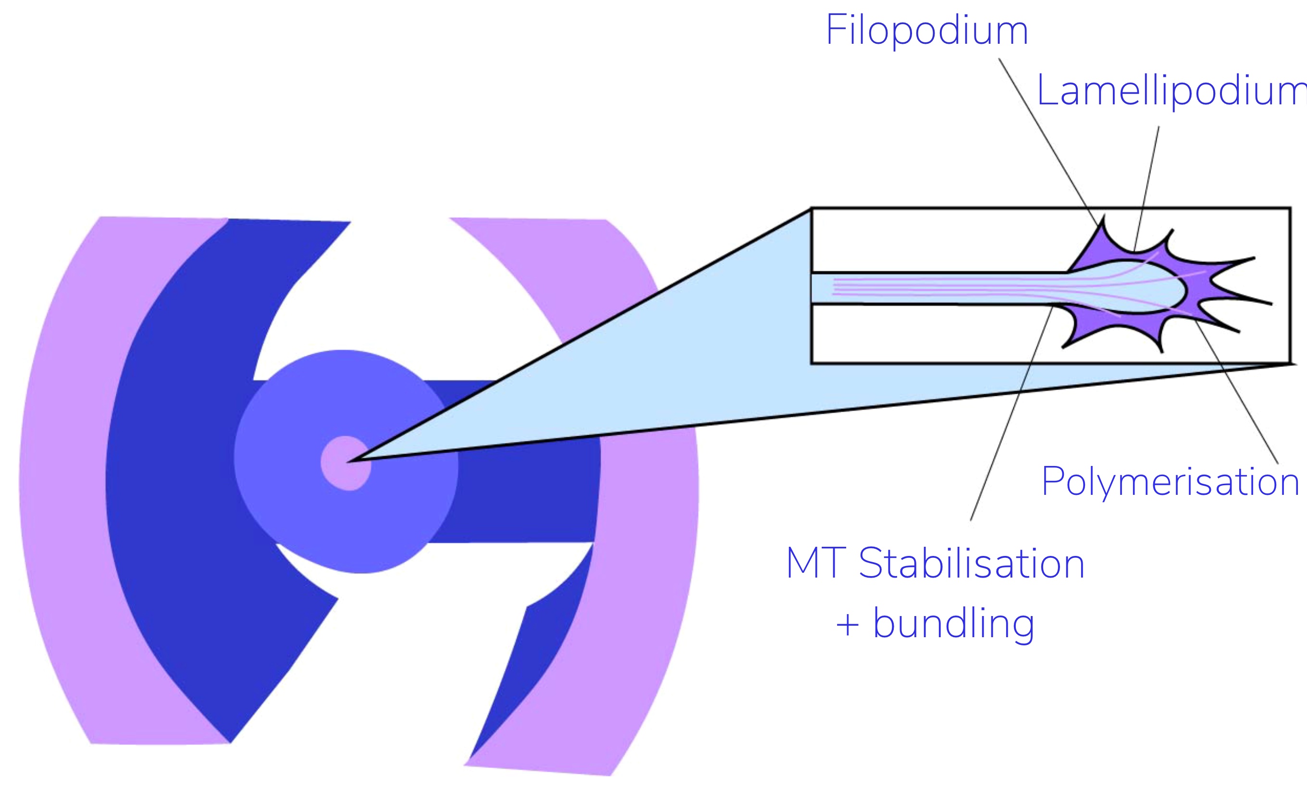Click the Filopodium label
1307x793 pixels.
pyautogui.click(x=927, y=31)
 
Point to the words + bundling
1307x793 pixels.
pyautogui.click(x=935, y=624)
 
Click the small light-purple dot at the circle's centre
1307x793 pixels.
pyautogui.click(x=345, y=463)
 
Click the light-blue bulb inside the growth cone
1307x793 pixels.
pyautogui.click(x=1140, y=287)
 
